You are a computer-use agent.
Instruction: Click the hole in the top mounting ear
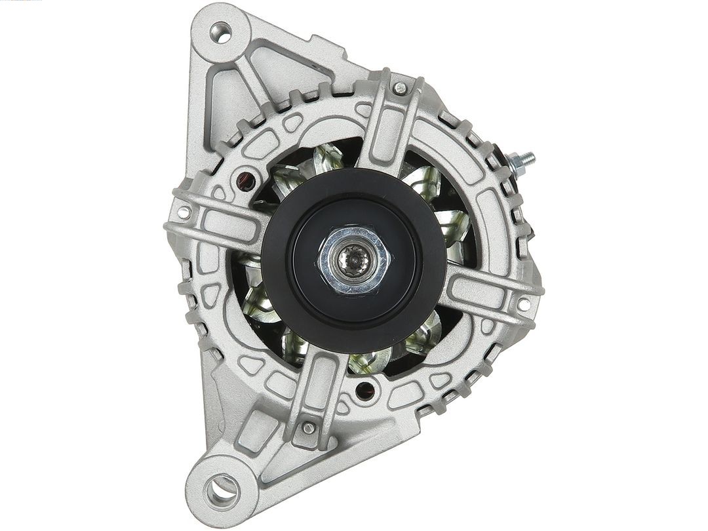pos(220,33)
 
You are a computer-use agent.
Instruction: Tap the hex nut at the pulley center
pos(354,259)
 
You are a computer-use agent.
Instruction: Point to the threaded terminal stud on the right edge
pos(522,161)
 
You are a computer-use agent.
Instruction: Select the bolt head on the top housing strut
pos(399,88)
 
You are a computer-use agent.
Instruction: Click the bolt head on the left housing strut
pos(184,212)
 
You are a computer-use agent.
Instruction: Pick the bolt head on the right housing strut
pos(523,304)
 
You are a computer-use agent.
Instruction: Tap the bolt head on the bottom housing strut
pos(307,428)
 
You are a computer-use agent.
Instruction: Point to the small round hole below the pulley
pos(364,391)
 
